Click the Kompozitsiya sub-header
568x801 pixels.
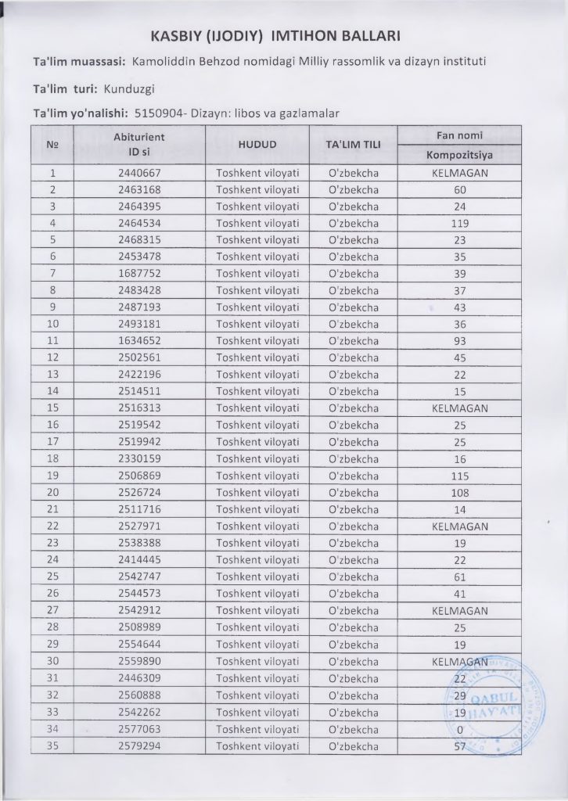(460, 155)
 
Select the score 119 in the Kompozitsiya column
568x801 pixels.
(460, 223)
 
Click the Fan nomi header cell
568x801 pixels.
(460, 135)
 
